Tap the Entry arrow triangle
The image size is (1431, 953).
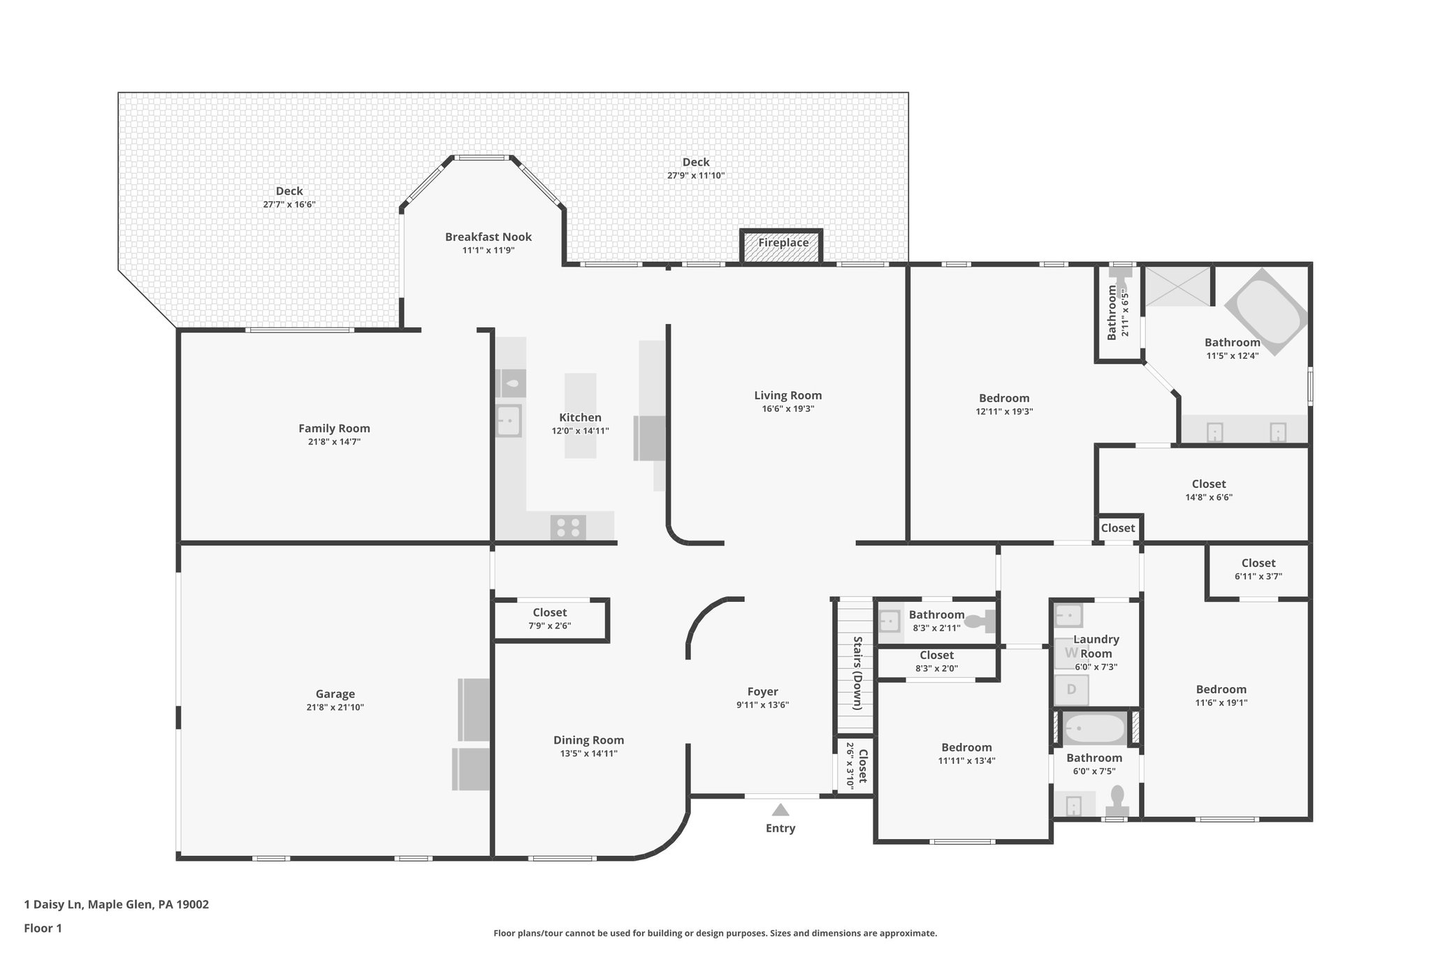tap(780, 810)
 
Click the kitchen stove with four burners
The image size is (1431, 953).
tap(568, 527)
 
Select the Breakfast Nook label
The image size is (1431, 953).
tap(488, 237)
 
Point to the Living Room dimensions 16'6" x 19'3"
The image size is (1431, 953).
tap(787, 409)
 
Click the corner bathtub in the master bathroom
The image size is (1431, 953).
tap(1265, 312)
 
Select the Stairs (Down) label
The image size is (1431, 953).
tap(857, 673)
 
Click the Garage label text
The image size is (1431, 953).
tap(335, 694)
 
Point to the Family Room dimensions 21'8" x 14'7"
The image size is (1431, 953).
tap(334, 442)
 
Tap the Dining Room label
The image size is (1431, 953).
tap(588, 740)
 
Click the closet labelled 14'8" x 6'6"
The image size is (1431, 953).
tap(1208, 491)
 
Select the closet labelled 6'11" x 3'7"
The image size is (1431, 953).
tap(1258, 570)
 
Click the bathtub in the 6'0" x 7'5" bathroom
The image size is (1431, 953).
tap(1094, 730)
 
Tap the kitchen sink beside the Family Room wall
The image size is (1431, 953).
tap(509, 421)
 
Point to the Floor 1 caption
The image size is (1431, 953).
tap(43, 929)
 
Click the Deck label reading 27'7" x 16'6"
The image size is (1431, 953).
tap(289, 198)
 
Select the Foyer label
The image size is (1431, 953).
tap(762, 692)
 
